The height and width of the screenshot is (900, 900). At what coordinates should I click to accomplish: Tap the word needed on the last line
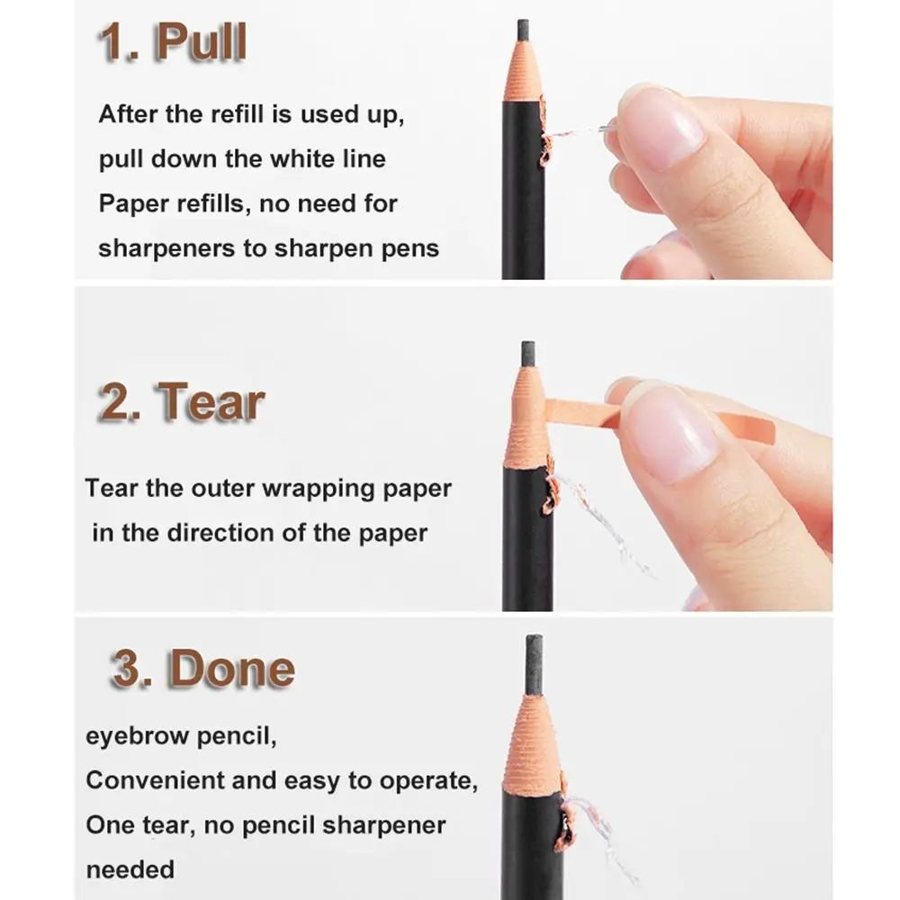[x=130, y=869]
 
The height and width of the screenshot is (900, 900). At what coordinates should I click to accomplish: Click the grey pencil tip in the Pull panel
[x=522, y=30]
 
